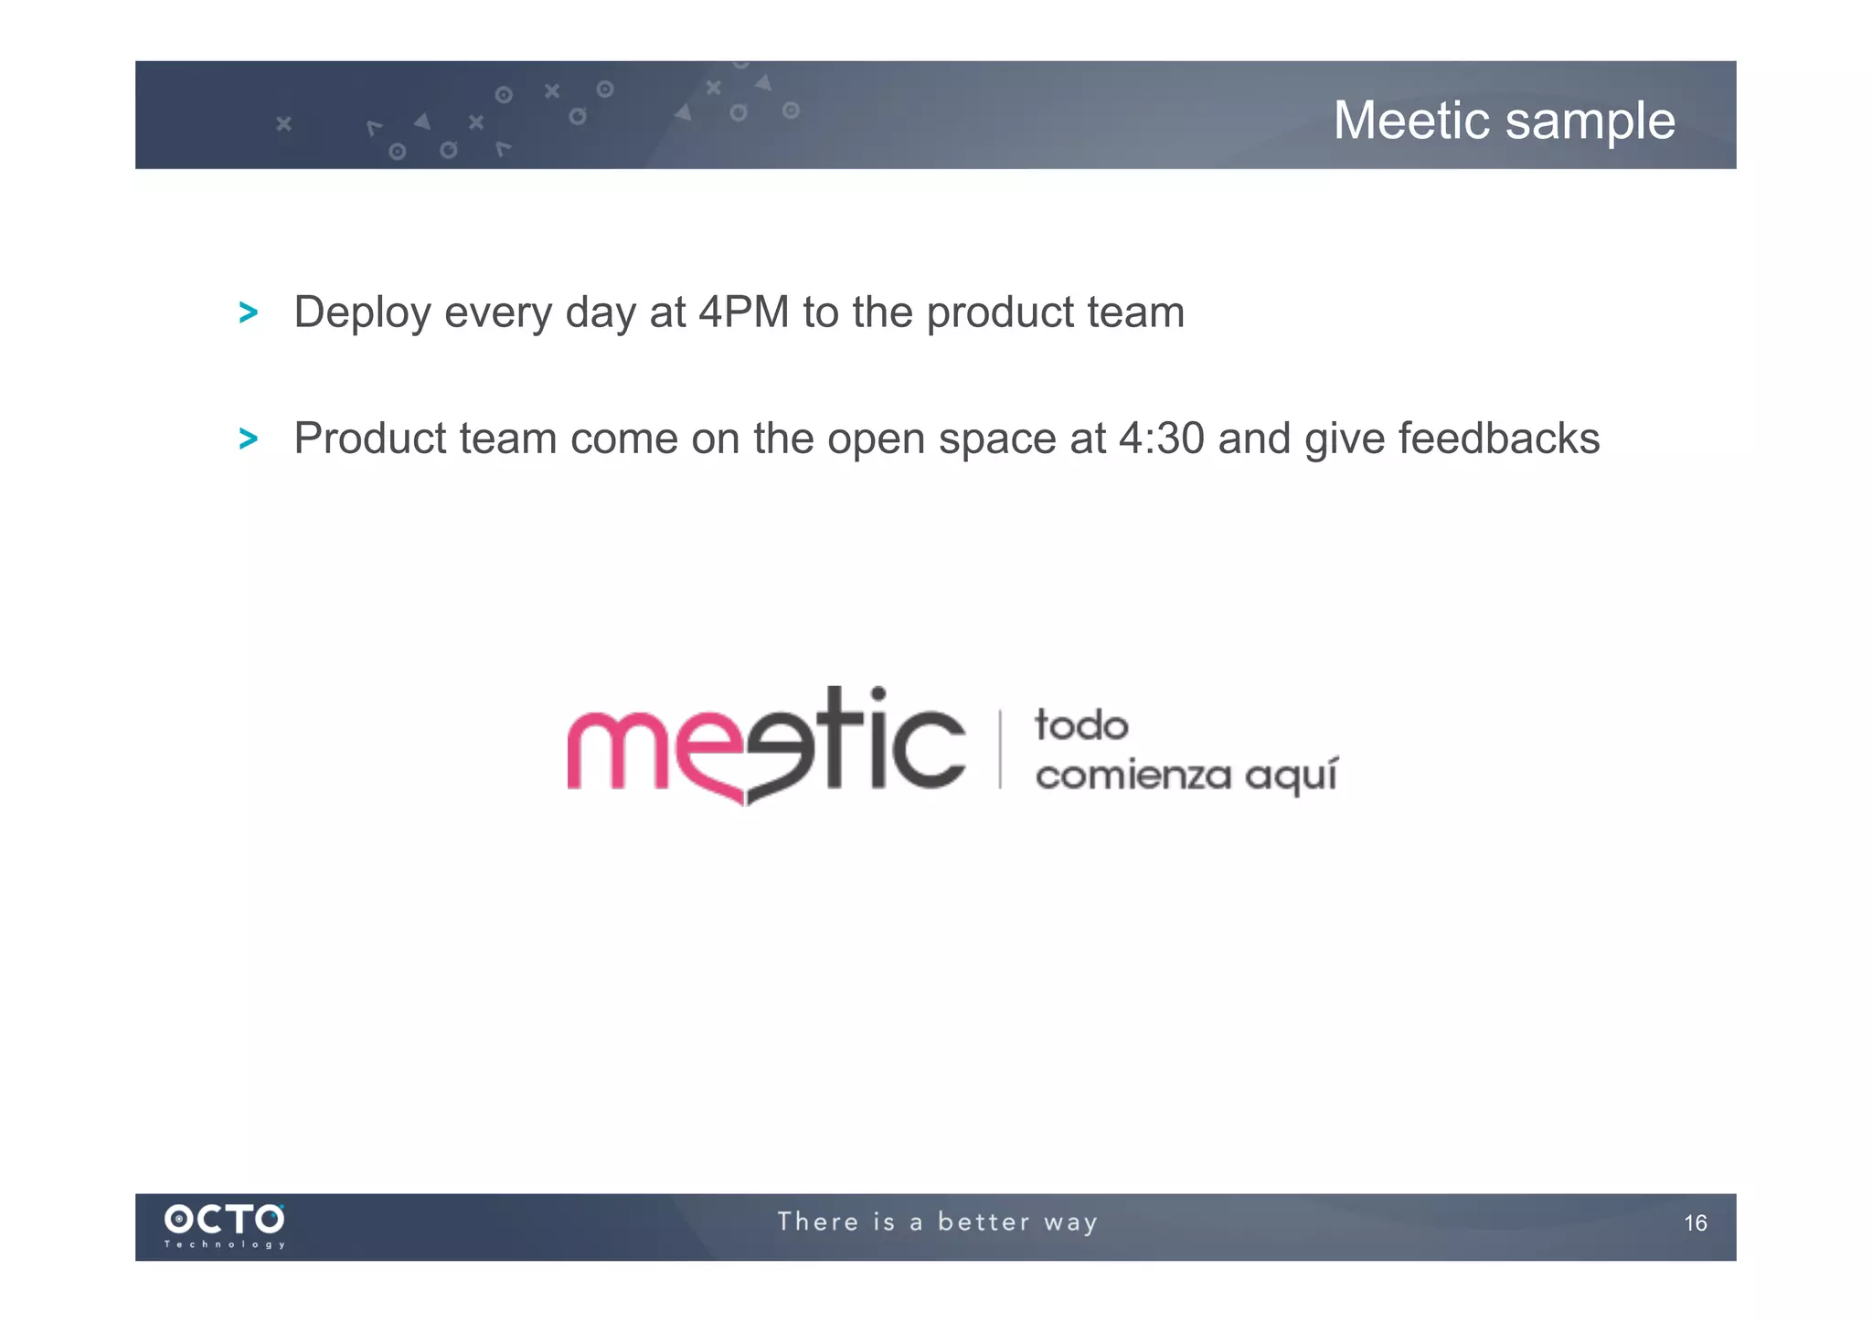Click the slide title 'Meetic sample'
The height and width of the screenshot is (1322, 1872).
pyautogui.click(x=1504, y=121)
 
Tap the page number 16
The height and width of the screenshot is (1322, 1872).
pyautogui.click(x=1695, y=1223)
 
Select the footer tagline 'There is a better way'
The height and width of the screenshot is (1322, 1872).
pyautogui.click(x=937, y=1222)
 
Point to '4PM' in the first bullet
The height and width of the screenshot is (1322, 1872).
pyautogui.click(x=743, y=312)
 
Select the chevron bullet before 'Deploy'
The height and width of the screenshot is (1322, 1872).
pyautogui.click(x=248, y=313)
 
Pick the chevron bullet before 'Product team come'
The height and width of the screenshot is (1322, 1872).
pyautogui.click(x=248, y=439)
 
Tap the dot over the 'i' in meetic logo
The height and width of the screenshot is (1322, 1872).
pyautogui.click(x=877, y=693)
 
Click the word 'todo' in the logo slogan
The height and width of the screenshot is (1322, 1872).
pyautogui.click(x=1081, y=726)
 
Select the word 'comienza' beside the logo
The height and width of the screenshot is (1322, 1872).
pyautogui.click(x=1133, y=777)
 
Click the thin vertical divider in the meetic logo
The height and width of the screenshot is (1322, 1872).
pyautogui.click(x=1000, y=749)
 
